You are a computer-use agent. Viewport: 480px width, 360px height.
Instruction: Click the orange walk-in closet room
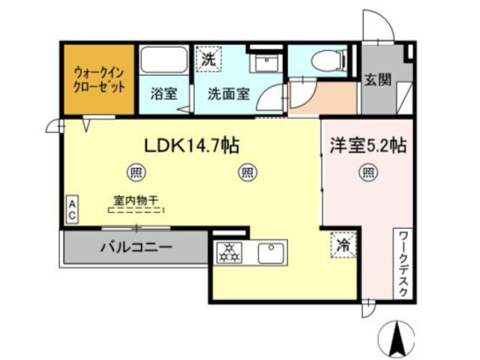click(97, 79)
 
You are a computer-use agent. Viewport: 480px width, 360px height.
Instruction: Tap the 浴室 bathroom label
click(163, 94)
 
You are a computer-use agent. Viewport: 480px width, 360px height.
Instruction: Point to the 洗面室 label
click(228, 94)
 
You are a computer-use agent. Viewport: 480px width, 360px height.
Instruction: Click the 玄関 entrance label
click(378, 80)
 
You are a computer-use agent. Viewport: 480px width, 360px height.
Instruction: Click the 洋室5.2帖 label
click(367, 145)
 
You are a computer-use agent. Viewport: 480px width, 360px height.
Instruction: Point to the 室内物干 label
click(136, 201)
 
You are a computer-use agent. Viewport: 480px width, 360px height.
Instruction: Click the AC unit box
click(73, 208)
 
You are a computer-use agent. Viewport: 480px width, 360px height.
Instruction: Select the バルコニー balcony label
click(136, 247)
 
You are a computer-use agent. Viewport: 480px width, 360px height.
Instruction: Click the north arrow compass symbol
click(397, 340)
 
